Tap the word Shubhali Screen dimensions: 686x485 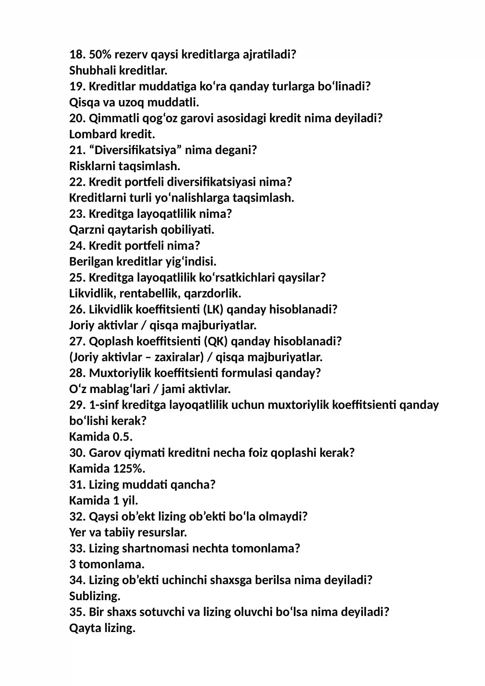pyautogui.click(x=92, y=71)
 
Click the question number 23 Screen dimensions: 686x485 pyautogui.click(x=77, y=214)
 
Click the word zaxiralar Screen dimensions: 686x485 pyautogui.click(x=179, y=357)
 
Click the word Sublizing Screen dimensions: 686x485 pyautogui.click(x=94, y=596)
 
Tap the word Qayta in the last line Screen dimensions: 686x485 pyautogui.click(x=85, y=628)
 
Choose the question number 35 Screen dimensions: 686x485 pyautogui.click(x=77, y=612)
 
